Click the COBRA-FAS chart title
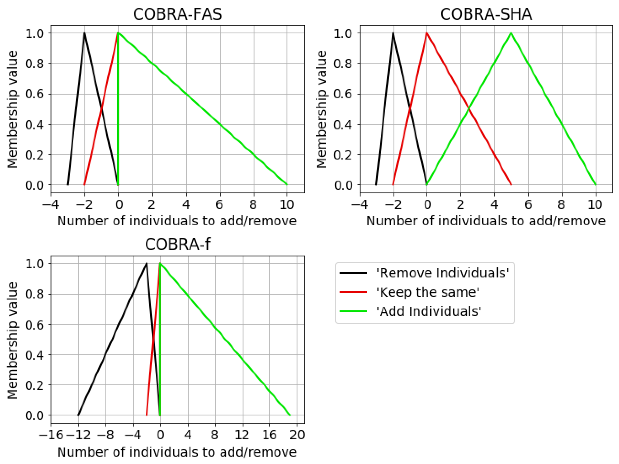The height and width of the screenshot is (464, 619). tap(177, 14)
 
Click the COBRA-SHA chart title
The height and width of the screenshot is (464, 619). tap(486, 14)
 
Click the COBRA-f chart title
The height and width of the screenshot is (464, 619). tap(177, 244)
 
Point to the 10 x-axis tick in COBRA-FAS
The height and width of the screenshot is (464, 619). tap(287, 205)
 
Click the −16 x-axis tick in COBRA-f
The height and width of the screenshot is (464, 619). tap(51, 435)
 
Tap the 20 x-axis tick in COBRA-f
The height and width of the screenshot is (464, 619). tap(297, 435)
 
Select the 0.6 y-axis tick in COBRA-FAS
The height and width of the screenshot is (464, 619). tap(34, 94)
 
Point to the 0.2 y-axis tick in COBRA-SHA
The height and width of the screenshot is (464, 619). tap(343, 155)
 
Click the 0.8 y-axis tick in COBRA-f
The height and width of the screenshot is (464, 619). tap(34, 294)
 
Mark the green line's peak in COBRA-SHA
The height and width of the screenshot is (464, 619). tap(511, 33)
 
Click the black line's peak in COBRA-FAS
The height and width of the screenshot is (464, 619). tap(85, 33)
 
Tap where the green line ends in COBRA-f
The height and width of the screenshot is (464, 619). tap(290, 415)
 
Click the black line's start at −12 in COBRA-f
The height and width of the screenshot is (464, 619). tap(78, 415)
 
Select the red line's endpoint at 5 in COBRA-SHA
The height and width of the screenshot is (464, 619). tap(511, 185)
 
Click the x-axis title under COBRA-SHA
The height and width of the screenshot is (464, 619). tap(486, 221)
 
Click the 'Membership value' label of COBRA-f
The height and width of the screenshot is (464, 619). tap(12, 340)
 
